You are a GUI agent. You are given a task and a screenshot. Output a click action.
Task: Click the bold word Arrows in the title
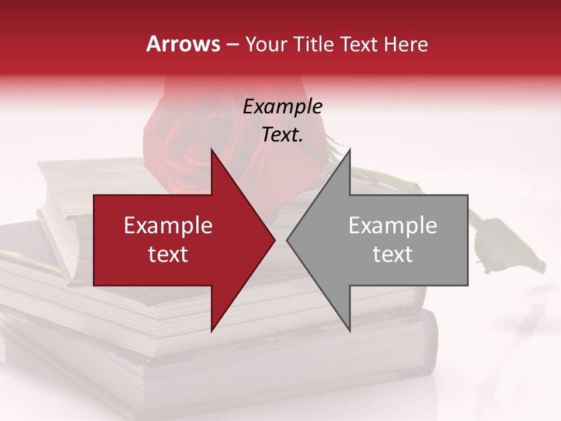click(183, 44)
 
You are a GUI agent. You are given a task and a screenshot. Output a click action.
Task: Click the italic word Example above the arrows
click(282, 106)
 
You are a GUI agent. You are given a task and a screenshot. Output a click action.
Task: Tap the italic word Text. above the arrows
click(282, 134)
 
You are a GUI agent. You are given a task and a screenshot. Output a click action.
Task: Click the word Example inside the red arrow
click(168, 226)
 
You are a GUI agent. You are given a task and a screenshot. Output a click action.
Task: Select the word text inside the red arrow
click(168, 254)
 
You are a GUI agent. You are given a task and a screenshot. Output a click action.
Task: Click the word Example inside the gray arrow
click(393, 226)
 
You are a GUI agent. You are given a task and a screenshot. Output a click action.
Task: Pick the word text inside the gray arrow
click(393, 254)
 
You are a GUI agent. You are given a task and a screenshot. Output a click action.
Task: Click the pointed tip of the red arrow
click(275, 240)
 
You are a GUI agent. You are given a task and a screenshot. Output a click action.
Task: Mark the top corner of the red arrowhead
click(212, 150)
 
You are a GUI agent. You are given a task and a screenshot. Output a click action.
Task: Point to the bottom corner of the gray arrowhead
click(349, 331)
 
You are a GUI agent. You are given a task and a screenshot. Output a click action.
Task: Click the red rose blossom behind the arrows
click(175, 134)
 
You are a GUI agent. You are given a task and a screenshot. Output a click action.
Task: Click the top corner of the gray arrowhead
click(349, 150)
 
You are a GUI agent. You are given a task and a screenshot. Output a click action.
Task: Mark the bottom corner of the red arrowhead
click(212, 331)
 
